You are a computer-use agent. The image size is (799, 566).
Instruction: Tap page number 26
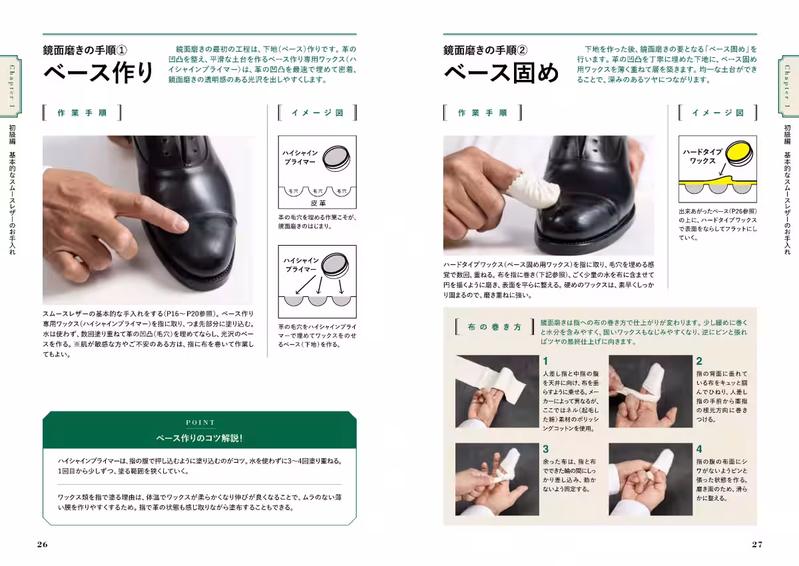pos(43,544)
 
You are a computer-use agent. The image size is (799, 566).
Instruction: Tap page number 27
pos(757,544)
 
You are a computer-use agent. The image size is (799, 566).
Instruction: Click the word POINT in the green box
pos(200,422)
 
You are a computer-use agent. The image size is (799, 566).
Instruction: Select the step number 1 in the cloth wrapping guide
pos(545,361)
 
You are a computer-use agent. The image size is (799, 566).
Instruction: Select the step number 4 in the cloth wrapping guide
pos(699,449)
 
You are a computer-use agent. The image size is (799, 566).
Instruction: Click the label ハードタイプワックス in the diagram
pos(702,156)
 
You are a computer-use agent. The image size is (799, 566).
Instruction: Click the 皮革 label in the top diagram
pos(318,202)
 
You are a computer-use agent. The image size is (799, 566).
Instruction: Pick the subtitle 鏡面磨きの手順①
pos(89,49)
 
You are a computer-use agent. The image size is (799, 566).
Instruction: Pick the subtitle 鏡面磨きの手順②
pos(485,49)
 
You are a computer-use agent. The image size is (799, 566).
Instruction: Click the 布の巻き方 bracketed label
pos(493,327)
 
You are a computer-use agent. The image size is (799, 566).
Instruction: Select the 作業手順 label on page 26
pos(82,113)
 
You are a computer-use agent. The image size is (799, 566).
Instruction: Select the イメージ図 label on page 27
pos(717,113)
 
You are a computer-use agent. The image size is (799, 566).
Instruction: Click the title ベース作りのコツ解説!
pos(200,438)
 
